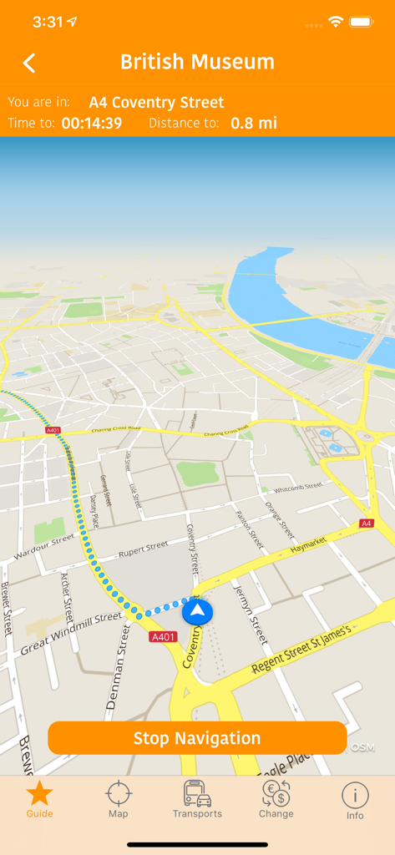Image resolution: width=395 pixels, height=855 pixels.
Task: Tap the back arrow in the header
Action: tap(29, 63)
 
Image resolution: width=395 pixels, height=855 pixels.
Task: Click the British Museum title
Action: tap(197, 62)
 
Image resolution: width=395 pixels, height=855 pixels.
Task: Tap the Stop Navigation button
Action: tap(197, 738)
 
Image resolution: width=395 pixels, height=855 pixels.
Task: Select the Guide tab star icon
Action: tap(39, 793)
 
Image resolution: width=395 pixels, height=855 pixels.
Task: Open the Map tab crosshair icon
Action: tap(119, 793)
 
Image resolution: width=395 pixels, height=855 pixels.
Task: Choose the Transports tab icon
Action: tap(197, 793)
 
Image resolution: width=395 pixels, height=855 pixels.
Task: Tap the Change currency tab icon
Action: tap(276, 793)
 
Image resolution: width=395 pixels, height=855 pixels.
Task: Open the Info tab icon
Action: tap(355, 794)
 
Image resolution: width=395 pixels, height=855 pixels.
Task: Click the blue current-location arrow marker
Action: tap(197, 612)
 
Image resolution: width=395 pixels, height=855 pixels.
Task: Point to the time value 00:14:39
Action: tap(92, 124)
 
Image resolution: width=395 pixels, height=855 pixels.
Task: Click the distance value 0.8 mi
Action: tap(254, 124)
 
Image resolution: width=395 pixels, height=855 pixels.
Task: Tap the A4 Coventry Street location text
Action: tap(156, 103)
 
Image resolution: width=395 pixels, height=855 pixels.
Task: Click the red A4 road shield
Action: tap(366, 524)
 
